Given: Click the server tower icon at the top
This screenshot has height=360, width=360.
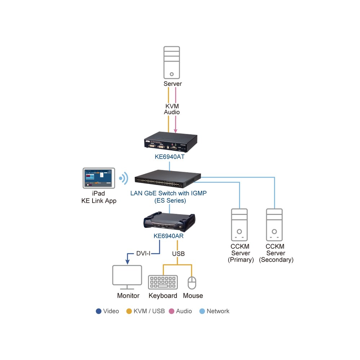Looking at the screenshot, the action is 171,63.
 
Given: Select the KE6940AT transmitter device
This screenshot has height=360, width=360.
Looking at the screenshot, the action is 171,142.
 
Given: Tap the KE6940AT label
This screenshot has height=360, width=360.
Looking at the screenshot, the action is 170,157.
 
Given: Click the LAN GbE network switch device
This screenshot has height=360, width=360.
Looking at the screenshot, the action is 168,179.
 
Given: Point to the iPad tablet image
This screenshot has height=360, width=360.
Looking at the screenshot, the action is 99,178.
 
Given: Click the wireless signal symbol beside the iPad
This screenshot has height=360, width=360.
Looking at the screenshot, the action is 124,178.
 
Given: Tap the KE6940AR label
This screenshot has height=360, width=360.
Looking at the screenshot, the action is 168,236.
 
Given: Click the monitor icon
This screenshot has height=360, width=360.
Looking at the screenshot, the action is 127,277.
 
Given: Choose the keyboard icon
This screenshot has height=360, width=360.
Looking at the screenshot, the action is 163,282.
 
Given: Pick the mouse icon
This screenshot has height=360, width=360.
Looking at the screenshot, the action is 192,283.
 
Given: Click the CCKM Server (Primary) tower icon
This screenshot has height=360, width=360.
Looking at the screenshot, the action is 239,225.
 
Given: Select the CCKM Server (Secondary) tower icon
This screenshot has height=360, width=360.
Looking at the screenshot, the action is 274,225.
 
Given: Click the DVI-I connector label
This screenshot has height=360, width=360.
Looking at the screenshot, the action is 143,253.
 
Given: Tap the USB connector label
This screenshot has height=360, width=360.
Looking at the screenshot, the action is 179,254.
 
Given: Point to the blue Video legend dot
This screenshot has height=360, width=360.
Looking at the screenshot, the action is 99,311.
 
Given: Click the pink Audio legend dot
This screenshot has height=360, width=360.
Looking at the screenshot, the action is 171,311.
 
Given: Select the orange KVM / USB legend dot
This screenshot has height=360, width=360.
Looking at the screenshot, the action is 129,311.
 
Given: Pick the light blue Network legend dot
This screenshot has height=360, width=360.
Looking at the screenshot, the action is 202,311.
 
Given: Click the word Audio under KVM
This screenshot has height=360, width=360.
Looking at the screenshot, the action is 172,112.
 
